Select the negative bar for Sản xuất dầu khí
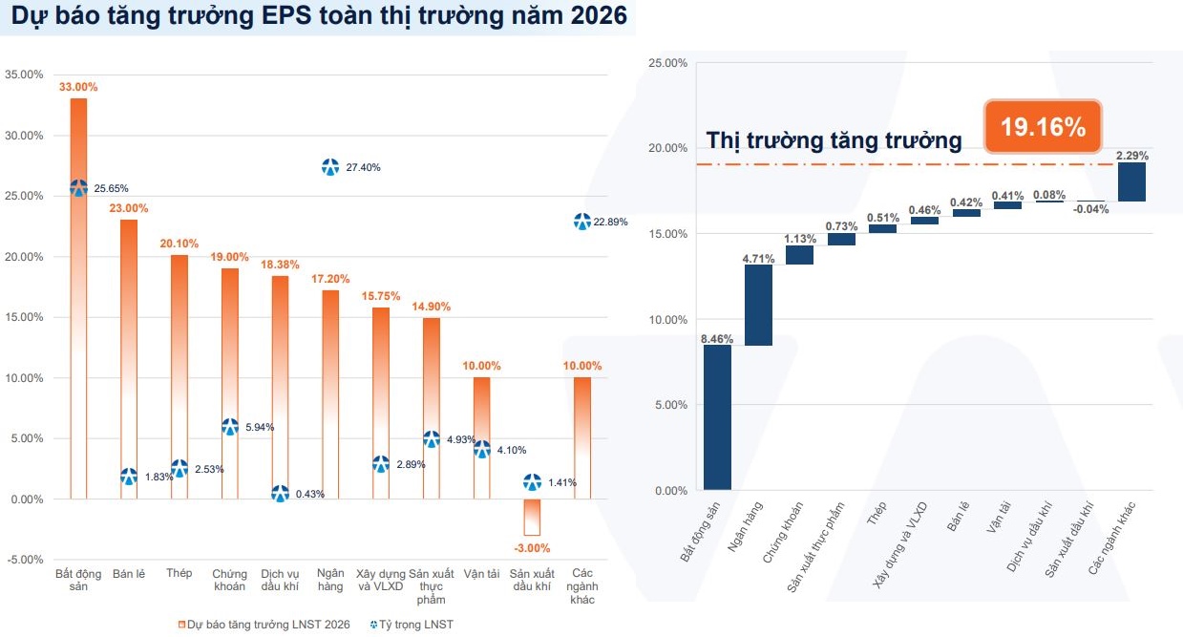532,517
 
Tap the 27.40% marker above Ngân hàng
330,167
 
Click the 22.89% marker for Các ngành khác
582,222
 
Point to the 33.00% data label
78,87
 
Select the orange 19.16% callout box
1043,126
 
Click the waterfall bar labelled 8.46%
717,417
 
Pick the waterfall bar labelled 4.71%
759,305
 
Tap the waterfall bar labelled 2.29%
1131,181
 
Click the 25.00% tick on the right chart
668,63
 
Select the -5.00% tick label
25,560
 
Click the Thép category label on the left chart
179,573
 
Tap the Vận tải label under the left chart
481,574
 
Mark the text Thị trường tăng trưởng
834,140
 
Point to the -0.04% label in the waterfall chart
1090,209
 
